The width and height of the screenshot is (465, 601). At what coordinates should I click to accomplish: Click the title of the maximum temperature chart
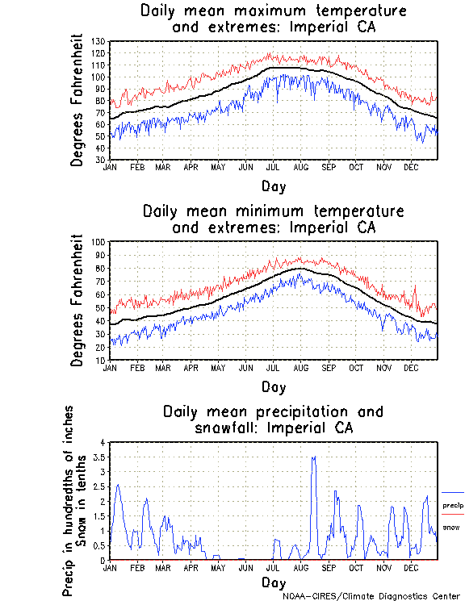[x=273, y=19]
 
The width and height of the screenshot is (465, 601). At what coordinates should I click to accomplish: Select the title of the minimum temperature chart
[x=273, y=219]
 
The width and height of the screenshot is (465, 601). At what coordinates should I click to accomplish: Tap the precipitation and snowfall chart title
[x=273, y=419]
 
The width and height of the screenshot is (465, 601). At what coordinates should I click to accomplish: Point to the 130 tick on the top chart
[x=99, y=41]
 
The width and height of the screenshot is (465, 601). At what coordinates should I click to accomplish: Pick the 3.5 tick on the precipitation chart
[x=99, y=457]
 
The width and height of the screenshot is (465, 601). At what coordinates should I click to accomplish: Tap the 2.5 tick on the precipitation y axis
[x=99, y=486]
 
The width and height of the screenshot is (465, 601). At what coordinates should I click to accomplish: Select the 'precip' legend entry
[x=453, y=505]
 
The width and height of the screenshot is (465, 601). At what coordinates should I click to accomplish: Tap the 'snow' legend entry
[x=453, y=528]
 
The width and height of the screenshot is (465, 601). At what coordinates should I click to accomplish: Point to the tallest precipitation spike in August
[x=314, y=457]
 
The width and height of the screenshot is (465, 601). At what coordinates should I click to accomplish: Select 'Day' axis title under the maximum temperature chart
[x=273, y=186]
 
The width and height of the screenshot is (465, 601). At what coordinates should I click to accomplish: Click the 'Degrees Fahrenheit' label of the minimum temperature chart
[x=77, y=300]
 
